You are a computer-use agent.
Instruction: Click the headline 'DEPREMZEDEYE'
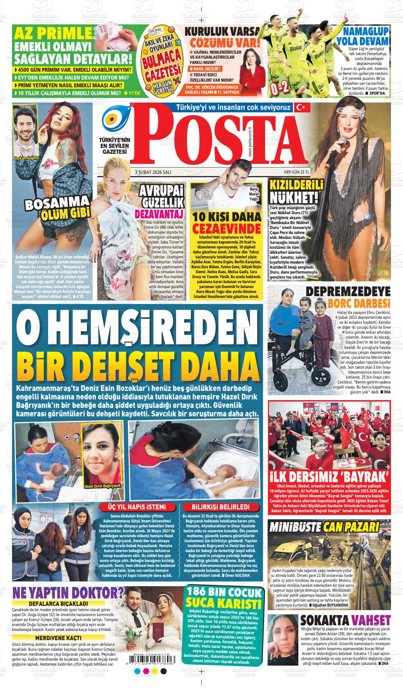(348, 292)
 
